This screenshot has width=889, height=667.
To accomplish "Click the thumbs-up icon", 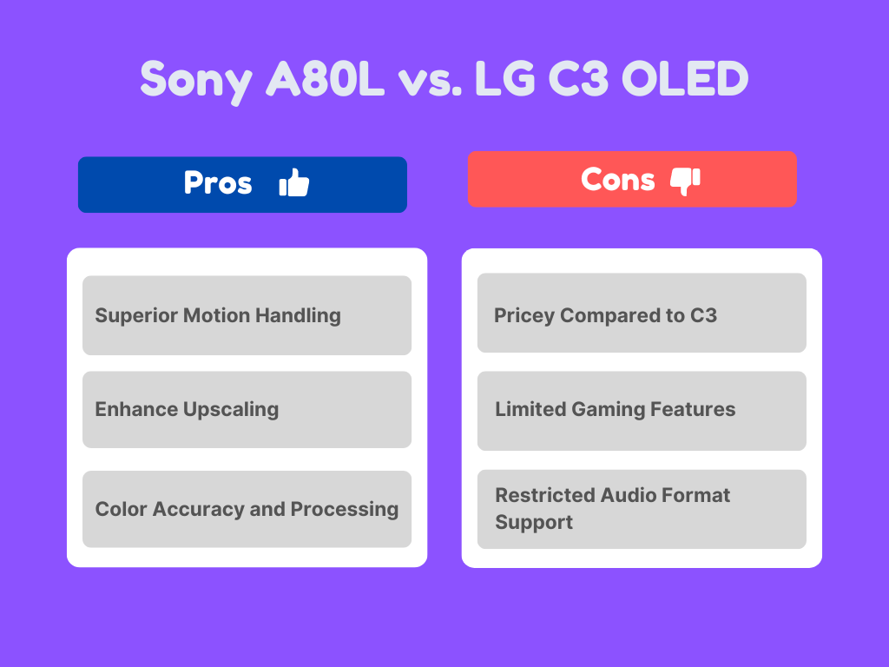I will click(x=294, y=183).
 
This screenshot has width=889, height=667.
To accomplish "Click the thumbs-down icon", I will click(x=685, y=181).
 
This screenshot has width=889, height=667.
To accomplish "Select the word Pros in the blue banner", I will click(x=218, y=183).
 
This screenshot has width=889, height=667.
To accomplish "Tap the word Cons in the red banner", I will click(x=617, y=180).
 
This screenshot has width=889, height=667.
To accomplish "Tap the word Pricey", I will click(x=524, y=315).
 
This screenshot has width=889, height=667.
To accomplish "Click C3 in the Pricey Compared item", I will click(x=703, y=315).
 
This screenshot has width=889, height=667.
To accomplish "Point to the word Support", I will click(x=534, y=523).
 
